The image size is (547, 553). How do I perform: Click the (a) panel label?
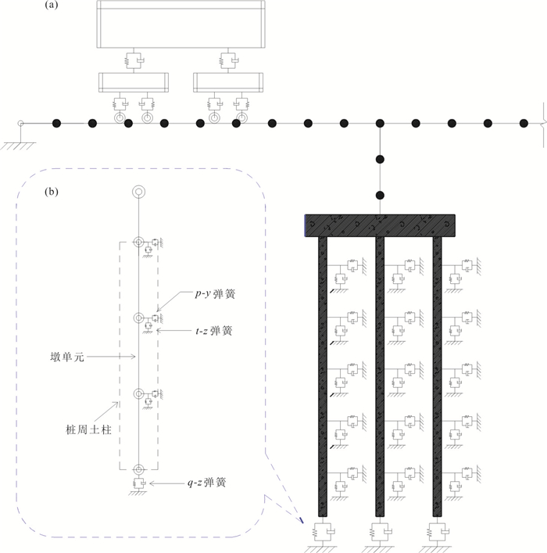click(x=52, y=5)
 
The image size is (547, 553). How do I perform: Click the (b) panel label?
click(x=52, y=192)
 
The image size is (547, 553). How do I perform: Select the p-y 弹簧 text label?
click(x=215, y=294)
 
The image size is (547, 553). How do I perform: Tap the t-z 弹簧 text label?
click(x=214, y=331)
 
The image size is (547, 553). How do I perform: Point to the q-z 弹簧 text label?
click(x=206, y=483)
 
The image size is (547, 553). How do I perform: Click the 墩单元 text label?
click(x=67, y=357)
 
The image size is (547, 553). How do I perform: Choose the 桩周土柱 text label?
click(x=88, y=429)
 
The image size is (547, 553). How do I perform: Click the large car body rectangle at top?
click(x=181, y=24)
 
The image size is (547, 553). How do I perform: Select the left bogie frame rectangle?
click(x=134, y=83)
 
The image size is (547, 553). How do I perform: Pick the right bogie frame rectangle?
click(x=228, y=83)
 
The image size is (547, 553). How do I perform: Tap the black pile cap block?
click(x=380, y=225)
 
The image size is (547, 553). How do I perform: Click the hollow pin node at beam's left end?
click(x=21, y=124)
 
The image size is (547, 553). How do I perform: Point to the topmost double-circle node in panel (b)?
click(x=139, y=192)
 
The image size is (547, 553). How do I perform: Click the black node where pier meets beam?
click(x=380, y=124)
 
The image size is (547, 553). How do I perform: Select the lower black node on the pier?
click(x=380, y=196)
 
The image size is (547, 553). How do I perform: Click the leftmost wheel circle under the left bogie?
click(x=120, y=118)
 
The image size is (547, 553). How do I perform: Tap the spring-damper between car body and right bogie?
click(x=228, y=61)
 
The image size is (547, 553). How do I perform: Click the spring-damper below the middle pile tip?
click(x=381, y=532)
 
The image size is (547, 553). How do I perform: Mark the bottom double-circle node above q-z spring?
click(x=139, y=470)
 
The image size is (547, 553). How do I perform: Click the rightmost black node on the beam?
click(x=524, y=124)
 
